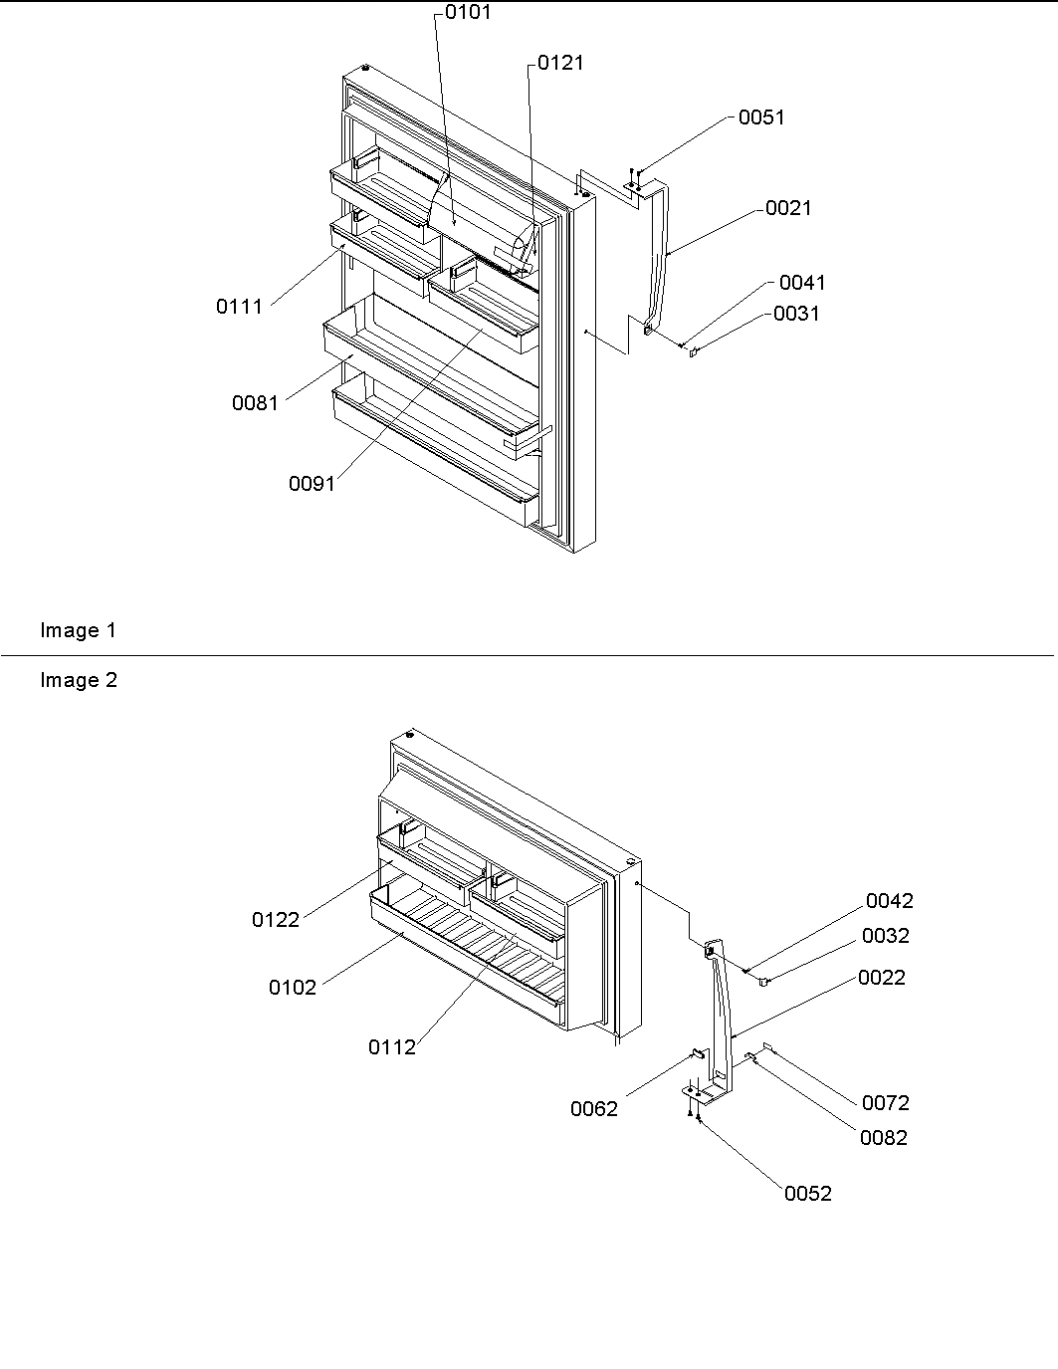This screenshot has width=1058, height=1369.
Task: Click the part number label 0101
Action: [x=467, y=13]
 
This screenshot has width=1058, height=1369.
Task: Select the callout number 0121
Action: [x=560, y=63]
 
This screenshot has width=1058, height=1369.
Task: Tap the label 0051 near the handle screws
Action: [x=761, y=117]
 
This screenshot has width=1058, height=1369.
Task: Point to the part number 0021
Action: [x=788, y=208]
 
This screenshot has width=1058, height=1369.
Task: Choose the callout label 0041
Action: [x=802, y=283]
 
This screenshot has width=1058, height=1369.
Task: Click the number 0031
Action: [x=796, y=314]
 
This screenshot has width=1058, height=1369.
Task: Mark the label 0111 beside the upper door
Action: [x=240, y=307]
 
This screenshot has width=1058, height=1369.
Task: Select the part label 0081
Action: [x=256, y=403]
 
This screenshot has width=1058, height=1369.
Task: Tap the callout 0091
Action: [x=313, y=484]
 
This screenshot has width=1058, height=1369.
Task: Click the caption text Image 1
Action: [x=78, y=630]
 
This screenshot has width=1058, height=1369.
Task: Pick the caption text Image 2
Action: [x=78, y=680]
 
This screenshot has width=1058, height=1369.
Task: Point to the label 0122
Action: [x=276, y=920]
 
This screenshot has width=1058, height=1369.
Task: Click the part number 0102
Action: [x=293, y=988]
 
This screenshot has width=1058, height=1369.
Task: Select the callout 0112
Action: [x=392, y=1047]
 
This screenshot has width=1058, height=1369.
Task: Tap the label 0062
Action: [x=594, y=1109]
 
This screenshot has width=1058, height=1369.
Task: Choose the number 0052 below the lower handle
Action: [x=808, y=1194]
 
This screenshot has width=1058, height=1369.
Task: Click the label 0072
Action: [x=885, y=1103]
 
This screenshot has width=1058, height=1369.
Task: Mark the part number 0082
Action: [x=884, y=1138]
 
